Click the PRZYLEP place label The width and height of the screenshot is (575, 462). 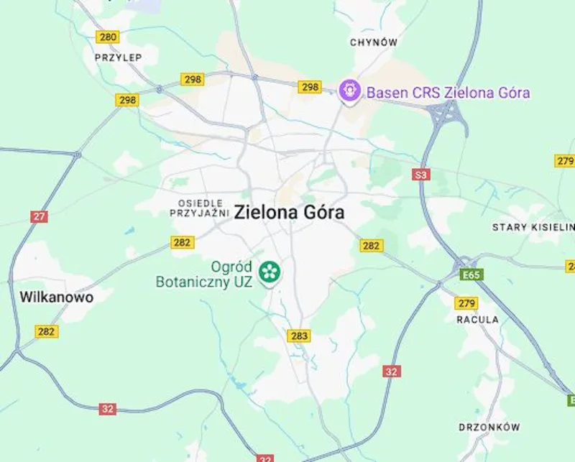click(x=119, y=57)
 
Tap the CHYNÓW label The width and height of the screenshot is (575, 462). click(x=374, y=42)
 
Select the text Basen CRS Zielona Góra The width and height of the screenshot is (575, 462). click(x=448, y=93)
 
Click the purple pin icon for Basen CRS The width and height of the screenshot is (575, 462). click(x=349, y=91)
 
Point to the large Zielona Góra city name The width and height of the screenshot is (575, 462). click(x=289, y=213)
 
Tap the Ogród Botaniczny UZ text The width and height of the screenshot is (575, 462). click(x=204, y=273)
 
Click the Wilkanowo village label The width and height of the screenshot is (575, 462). click(x=56, y=297)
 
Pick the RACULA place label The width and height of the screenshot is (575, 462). click(x=477, y=319)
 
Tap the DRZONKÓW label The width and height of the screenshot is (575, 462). click(x=489, y=427)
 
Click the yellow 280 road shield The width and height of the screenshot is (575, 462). click(x=109, y=37)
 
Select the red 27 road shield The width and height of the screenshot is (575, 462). click(x=40, y=216)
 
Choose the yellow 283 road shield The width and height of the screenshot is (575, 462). click(x=299, y=336)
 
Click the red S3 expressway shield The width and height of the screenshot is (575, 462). click(x=421, y=175)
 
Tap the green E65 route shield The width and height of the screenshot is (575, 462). click(x=472, y=274)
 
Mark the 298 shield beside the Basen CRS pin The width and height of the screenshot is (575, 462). click(x=310, y=87)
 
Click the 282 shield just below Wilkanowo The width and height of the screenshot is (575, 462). click(x=47, y=331)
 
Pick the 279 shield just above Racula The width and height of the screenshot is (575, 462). click(x=467, y=302)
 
